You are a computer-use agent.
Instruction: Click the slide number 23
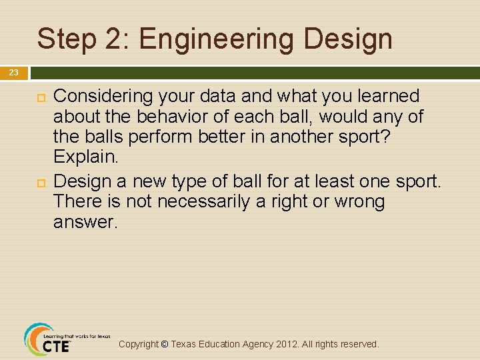pyautogui.click(x=14, y=73)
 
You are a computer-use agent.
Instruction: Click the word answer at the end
pyautogui.click(x=83, y=223)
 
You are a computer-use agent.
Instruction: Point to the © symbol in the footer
pyautogui.click(x=165, y=344)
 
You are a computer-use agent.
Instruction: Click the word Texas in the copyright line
pyautogui.click(x=186, y=344)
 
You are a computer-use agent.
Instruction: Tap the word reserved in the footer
pyautogui.click(x=359, y=344)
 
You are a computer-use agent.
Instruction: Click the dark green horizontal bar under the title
pyautogui.click(x=253, y=72)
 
